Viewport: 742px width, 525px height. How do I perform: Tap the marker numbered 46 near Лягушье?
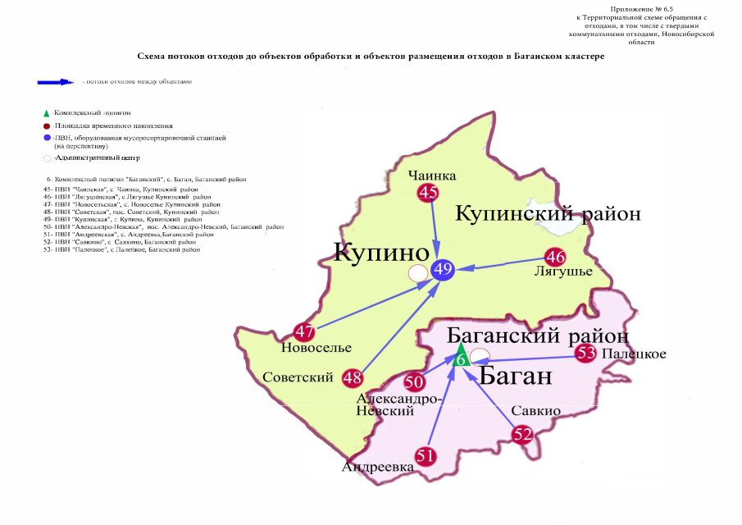click(556, 256)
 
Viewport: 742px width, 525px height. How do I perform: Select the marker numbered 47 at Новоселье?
click(304, 333)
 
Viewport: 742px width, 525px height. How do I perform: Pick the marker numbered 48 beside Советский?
click(353, 377)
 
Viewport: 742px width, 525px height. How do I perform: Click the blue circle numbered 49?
click(443, 270)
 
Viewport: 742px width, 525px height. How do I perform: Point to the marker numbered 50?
click(414, 382)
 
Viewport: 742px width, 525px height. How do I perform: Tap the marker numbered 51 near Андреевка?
click(424, 456)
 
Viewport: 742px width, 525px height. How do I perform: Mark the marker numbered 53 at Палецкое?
click(585, 354)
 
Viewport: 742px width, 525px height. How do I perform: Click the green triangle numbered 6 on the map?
click(461, 358)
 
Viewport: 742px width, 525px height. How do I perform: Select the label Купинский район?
click(548, 214)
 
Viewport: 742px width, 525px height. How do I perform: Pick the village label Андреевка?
click(378, 467)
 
